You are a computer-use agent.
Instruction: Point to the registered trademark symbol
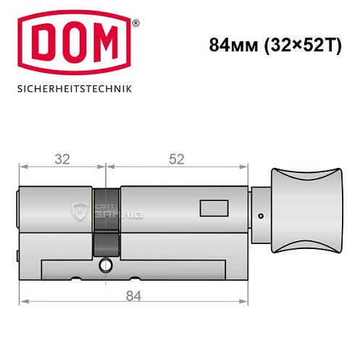(x=135, y=25)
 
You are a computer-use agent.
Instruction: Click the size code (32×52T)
(x=293, y=45)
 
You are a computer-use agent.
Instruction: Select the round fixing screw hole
(x=106, y=265)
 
